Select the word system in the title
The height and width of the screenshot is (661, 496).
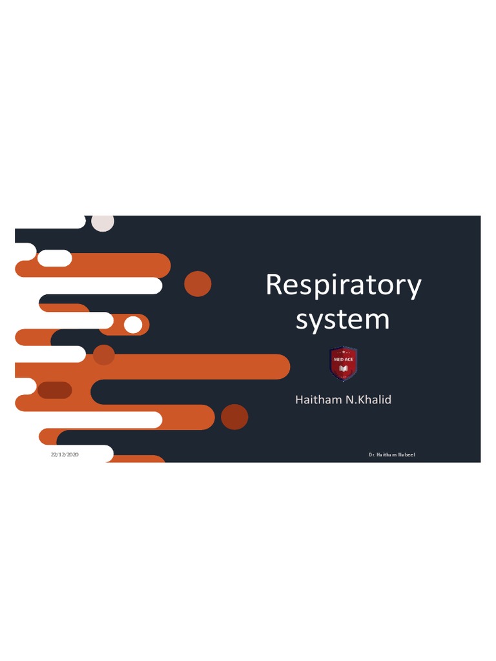click(342, 319)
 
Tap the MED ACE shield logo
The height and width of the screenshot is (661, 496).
click(344, 364)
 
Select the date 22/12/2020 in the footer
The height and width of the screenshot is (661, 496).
click(65, 455)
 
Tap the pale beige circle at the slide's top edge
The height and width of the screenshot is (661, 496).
click(103, 223)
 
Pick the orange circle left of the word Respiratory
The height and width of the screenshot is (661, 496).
click(198, 284)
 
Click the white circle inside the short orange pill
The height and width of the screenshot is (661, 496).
click(133, 325)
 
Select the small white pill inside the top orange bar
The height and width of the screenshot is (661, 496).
click(55, 258)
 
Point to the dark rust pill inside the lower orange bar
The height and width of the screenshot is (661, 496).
click(55, 390)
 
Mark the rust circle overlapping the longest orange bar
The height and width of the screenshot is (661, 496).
click(104, 354)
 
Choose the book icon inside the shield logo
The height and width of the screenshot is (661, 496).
click(344, 369)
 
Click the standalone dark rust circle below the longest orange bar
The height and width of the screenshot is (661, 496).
click(234, 417)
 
